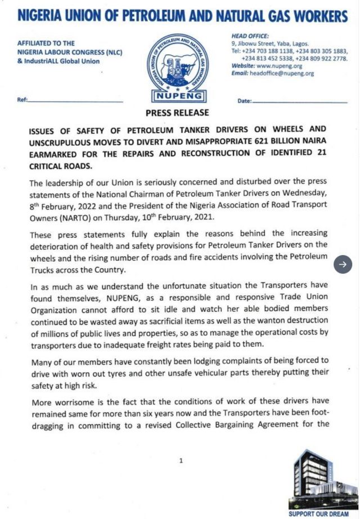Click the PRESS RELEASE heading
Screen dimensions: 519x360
[x=177, y=113]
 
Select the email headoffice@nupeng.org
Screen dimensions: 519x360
[x=283, y=73]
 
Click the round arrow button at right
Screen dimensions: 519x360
[x=343, y=265]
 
